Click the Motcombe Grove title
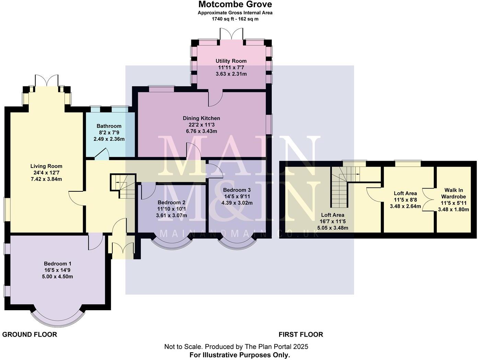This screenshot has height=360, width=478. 235,4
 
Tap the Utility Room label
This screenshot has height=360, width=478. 231,61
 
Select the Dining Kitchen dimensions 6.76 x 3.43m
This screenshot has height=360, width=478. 201,131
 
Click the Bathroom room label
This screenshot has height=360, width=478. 109,126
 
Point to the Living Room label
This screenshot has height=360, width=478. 46,166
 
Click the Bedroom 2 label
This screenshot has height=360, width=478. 171,202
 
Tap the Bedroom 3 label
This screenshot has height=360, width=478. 237,190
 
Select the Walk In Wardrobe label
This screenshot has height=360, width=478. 453,193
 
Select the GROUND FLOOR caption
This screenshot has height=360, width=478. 30,335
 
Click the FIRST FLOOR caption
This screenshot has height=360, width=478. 300,335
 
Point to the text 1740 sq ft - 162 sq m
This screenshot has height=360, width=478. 235,19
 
